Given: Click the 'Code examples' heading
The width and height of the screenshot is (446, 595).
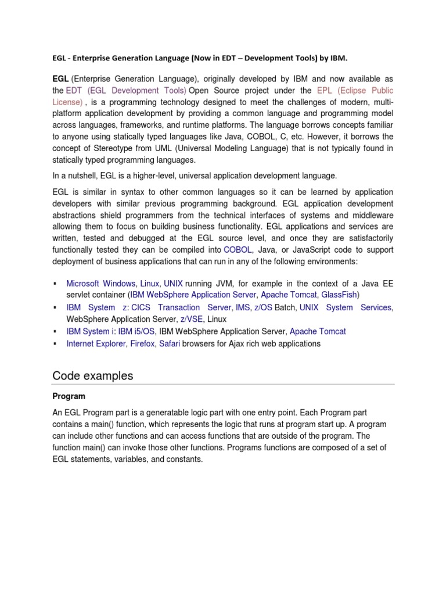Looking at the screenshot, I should pyautogui.click(x=92, y=376).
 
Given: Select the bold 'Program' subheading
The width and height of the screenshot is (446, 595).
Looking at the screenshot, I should pyautogui.click(x=69, y=396).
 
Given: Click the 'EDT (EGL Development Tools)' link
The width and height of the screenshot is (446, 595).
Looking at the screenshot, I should pyautogui.click(x=126, y=91).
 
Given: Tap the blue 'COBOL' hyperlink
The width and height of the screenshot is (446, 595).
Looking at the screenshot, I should pyautogui.click(x=238, y=250).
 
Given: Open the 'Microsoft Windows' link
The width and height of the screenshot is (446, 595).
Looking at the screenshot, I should pyautogui.click(x=102, y=284).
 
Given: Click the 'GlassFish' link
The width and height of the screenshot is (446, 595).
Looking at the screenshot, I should pyautogui.click(x=339, y=295).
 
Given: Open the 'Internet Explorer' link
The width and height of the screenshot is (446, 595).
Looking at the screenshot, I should pyautogui.click(x=96, y=344).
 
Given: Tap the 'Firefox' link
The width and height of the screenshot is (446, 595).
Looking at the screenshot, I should pyautogui.click(x=143, y=344).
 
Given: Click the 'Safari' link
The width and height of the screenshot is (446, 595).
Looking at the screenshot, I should pyautogui.click(x=169, y=344).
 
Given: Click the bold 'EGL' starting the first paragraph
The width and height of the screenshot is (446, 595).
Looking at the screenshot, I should pyautogui.click(x=60, y=78).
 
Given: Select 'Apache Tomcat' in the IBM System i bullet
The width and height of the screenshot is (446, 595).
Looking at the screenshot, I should pyautogui.click(x=318, y=332).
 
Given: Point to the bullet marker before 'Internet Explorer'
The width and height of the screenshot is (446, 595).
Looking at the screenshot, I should pyautogui.click(x=55, y=344).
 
